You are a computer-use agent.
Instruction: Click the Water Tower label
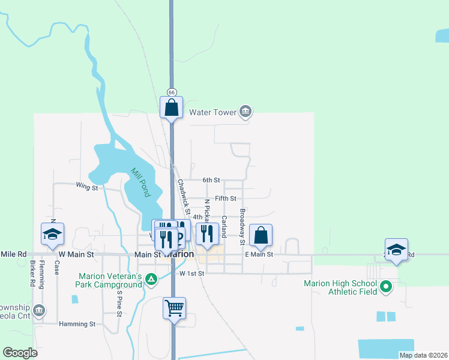point(212,112)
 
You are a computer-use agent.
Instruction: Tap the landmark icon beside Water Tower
point(245,112)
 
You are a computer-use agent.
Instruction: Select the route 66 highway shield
point(172,92)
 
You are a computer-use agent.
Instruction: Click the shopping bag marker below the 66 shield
point(172,108)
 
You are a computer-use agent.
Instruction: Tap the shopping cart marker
point(174,308)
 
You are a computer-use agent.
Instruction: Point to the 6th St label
point(211,180)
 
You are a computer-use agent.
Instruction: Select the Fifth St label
point(226,198)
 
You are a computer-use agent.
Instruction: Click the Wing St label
point(86,188)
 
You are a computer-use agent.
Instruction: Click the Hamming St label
point(77,324)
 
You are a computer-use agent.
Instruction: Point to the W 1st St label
point(192,274)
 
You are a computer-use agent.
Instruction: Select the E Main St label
point(259,254)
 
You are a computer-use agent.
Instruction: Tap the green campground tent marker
point(152,279)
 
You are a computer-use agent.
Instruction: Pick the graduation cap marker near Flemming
point(52,234)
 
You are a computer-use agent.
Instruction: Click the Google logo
point(20,353)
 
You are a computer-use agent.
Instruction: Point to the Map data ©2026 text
point(423,355)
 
